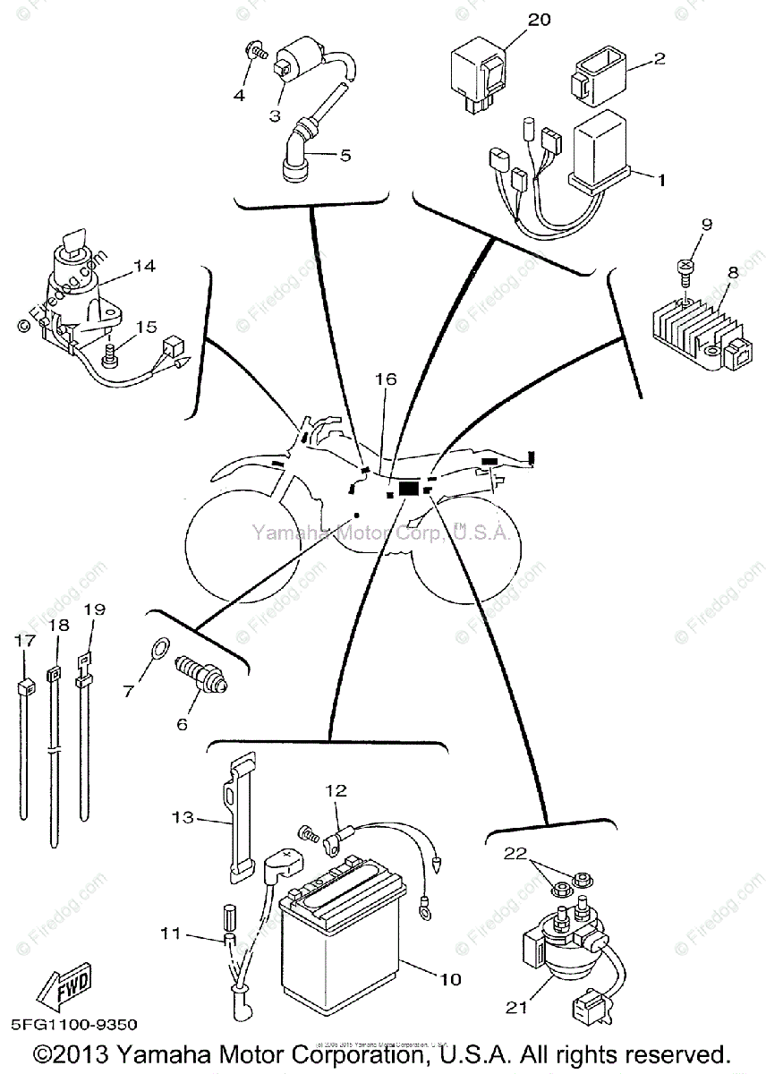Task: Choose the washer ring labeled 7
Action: [x=157, y=645]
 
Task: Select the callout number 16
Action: [x=385, y=379]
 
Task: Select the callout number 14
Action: [x=145, y=266]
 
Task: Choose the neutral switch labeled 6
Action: [x=202, y=677]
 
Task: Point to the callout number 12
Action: [x=335, y=790]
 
